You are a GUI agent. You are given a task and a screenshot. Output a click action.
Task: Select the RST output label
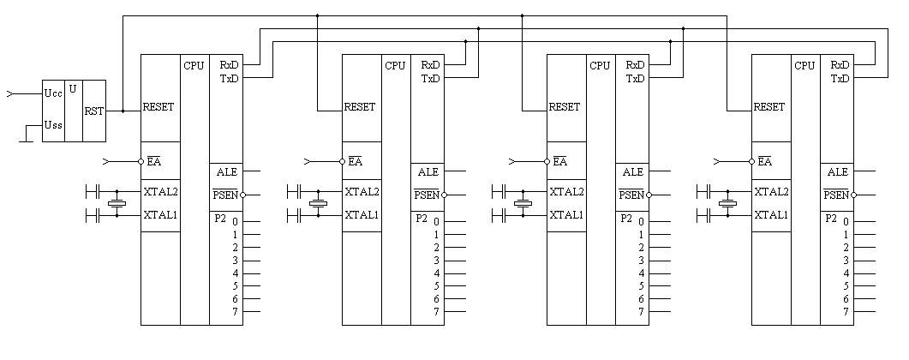pos(94,111)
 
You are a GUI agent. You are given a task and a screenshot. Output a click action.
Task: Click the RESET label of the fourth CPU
pos(768,107)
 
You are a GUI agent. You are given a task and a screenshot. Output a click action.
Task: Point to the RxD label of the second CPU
pos(430,65)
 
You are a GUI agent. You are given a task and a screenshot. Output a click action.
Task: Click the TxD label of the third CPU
pos(635,79)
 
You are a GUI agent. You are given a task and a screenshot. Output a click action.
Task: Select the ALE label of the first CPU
pos(227,171)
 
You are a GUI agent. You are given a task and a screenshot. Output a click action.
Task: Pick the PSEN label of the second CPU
pos(427,195)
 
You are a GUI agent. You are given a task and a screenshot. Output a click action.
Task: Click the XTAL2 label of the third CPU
pos(565,192)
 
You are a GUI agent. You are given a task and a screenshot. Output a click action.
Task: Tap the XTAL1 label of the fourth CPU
pos(770,215)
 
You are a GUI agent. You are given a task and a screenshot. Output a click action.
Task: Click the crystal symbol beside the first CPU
pos(117,203)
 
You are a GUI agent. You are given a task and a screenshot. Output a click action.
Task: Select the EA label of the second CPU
pos(355,160)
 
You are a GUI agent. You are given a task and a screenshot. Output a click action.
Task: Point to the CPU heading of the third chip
pos(600,65)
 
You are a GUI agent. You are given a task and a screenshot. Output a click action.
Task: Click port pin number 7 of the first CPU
pos(234,312)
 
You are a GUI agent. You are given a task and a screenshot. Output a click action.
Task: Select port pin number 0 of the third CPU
pos(642,222)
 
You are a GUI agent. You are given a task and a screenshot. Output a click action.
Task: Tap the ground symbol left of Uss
pos(23,140)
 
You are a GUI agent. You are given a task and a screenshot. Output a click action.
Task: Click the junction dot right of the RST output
pos(123,111)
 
